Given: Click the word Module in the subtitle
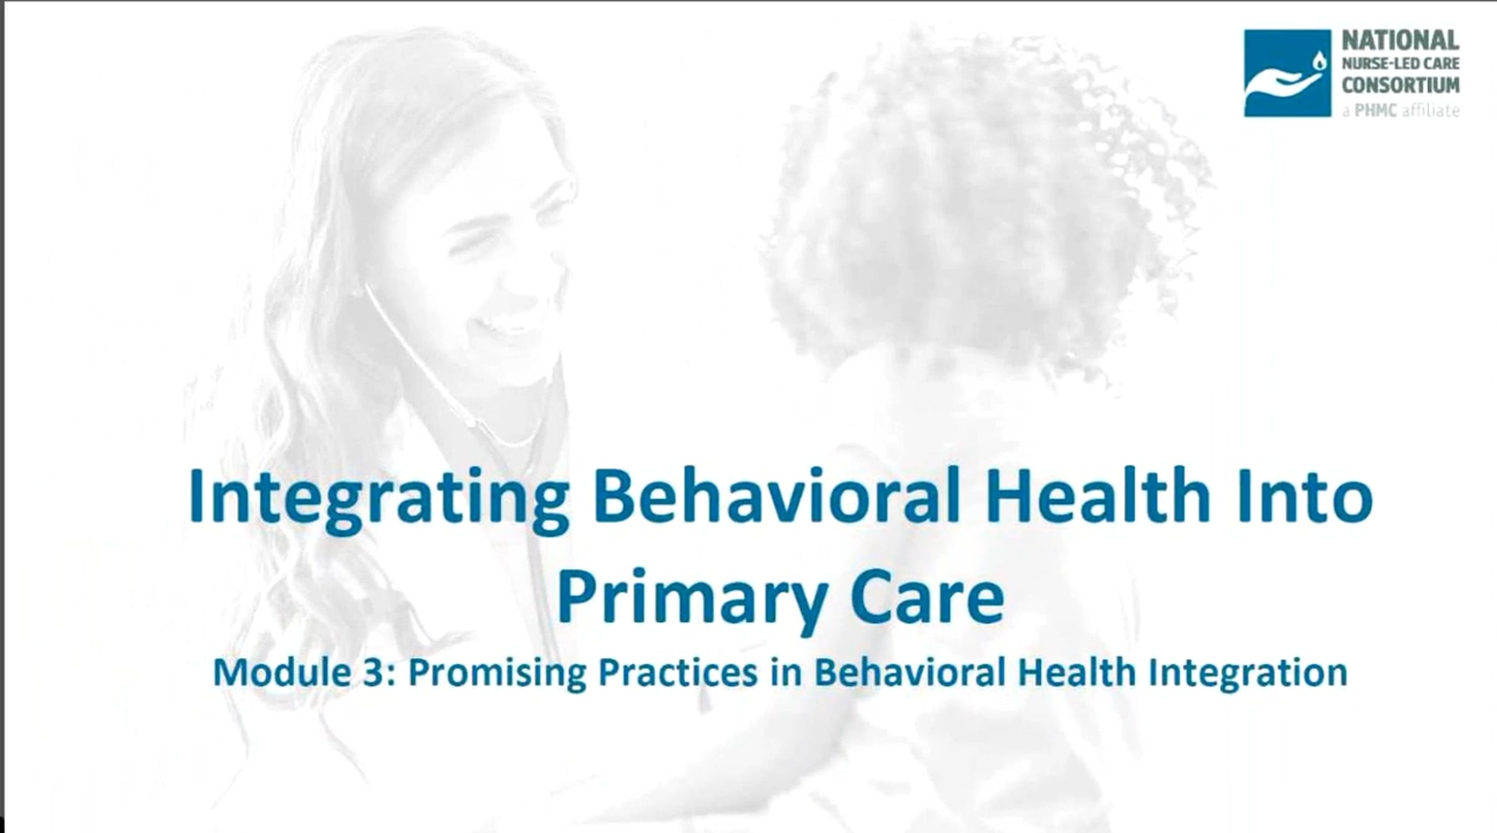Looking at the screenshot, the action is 282,673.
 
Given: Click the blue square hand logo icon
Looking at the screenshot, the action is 1287,73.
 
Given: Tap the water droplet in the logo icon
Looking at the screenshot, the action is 1319,61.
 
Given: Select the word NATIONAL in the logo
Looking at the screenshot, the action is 1400,41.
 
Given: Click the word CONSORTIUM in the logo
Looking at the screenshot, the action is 1400,84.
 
